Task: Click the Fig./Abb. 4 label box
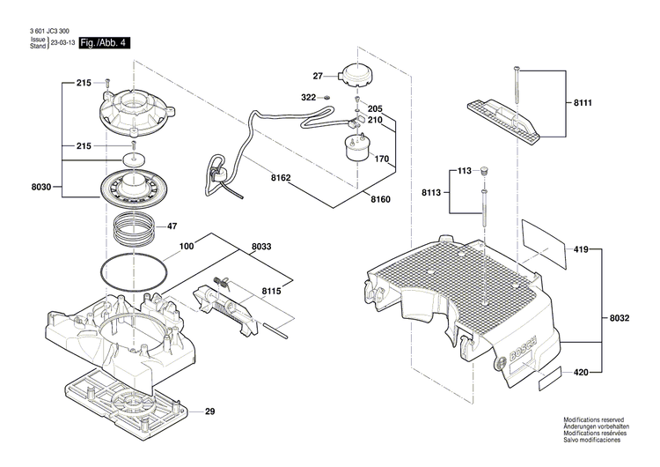(103, 42)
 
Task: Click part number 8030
(41, 188)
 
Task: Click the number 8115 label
(271, 290)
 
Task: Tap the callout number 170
(381, 159)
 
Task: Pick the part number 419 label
(581, 249)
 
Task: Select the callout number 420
(581, 373)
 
